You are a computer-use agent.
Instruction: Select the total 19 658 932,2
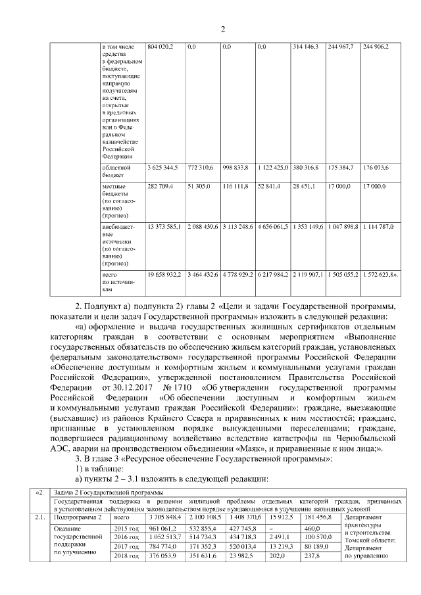tap(164, 273)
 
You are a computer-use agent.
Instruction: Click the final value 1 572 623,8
tap(381, 273)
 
